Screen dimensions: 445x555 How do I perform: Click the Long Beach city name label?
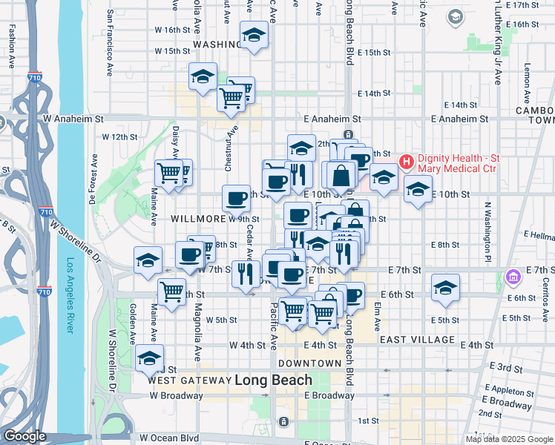point(273,380)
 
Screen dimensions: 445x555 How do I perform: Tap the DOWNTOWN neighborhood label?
point(309,363)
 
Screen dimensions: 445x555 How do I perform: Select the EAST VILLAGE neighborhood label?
point(416,340)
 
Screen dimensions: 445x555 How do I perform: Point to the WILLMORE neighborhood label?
point(197,219)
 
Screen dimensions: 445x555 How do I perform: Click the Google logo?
point(24,436)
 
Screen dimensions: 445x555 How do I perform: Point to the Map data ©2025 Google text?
point(509,439)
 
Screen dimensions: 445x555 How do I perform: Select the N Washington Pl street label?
point(488,233)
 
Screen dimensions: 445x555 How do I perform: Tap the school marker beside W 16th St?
point(254,35)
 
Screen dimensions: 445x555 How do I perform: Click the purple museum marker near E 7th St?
point(512,277)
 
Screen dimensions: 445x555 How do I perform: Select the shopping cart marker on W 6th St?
point(172,290)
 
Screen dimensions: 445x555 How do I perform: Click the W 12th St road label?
point(120,137)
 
